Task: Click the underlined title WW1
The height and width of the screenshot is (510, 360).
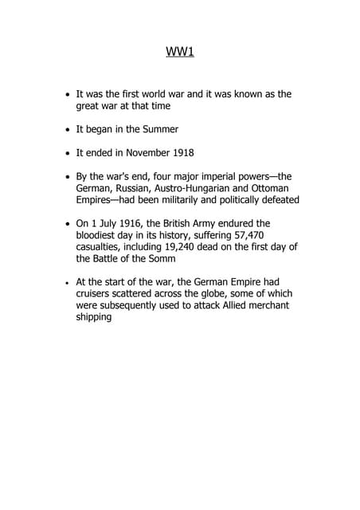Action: pos(180,53)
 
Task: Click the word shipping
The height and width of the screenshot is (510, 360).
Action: pos(94,316)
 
